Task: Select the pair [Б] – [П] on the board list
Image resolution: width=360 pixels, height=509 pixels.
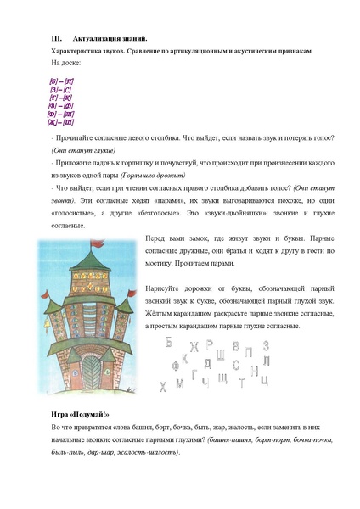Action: click(x=61, y=80)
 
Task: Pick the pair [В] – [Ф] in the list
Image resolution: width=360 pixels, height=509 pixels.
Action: click(x=61, y=104)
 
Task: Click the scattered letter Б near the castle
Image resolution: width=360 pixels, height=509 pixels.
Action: click(x=169, y=343)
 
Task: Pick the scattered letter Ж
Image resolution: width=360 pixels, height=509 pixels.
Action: click(x=194, y=345)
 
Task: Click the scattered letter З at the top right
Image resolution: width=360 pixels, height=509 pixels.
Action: click(x=266, y=344)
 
